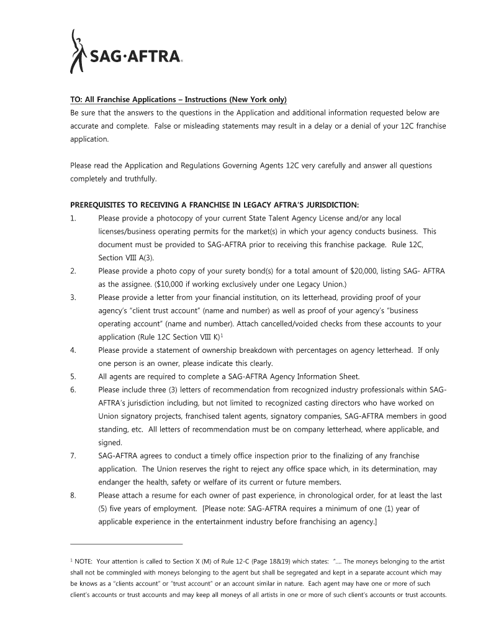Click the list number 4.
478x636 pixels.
coord(73,350)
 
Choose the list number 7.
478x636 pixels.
coord(73,456)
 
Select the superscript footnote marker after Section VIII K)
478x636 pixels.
coord(222,335)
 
